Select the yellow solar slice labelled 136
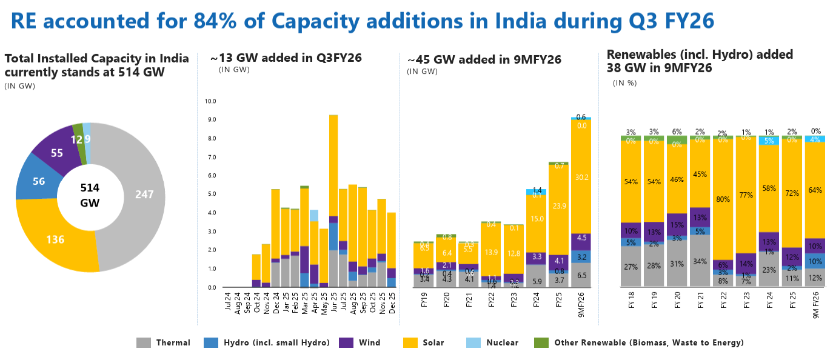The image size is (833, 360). pos(55,239)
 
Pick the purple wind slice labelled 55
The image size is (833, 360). pos(57,153)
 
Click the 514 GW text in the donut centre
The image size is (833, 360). pos(90,195)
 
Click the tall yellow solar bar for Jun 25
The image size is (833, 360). pos(333,164)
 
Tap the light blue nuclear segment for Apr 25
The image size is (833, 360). pos(314,215)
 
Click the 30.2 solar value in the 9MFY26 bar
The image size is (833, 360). pos(581,177)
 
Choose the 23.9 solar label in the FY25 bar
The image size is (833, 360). pos(560,205)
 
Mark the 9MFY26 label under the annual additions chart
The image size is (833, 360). pos(582,303)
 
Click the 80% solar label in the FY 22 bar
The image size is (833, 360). pos(722,199)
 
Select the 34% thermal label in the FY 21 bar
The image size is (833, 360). pos(699,261)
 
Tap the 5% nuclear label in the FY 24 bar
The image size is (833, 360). pos(769,141)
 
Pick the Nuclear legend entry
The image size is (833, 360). pos(502,342)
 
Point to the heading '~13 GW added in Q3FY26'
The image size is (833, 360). pos(286,58)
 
